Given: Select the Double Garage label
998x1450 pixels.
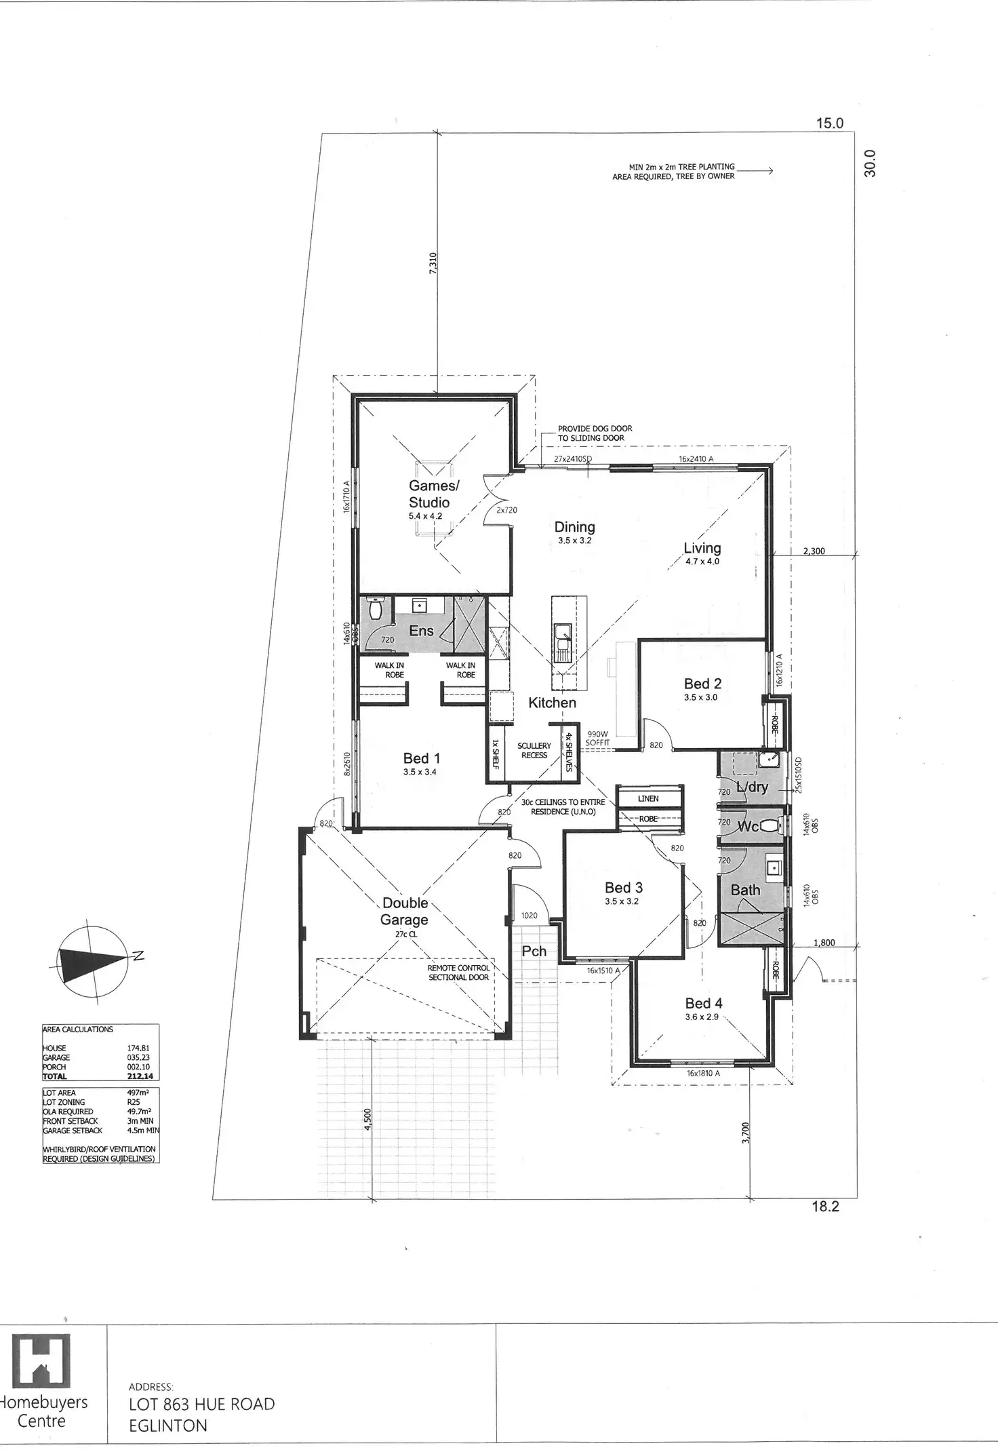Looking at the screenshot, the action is [x=404, y=911].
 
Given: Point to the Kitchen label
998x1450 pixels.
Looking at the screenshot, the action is [x=552, y=703].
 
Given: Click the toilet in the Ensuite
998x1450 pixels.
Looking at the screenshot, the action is [x=376, y=610].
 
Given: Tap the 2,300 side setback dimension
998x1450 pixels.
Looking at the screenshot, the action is [x=813, y=551].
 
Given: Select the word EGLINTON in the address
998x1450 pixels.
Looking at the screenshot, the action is [x=168, y=1426].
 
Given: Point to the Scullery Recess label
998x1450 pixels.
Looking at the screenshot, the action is [x=534, y=750].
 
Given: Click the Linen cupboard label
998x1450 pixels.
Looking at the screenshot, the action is [x=647, y=798].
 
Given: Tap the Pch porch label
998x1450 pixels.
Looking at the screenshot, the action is [x=534, y=951].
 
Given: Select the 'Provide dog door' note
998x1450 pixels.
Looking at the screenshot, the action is [x=595, y=433].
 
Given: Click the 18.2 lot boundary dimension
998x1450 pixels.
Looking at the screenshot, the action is [x=825, y=1207].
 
